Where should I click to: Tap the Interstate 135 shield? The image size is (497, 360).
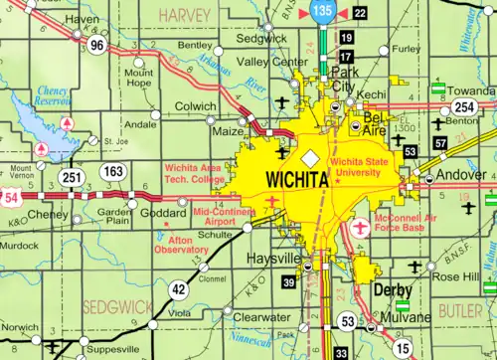coord(320,11)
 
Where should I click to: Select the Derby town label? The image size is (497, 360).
coord(393,289)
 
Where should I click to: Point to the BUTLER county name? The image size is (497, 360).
coord(460,311)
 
